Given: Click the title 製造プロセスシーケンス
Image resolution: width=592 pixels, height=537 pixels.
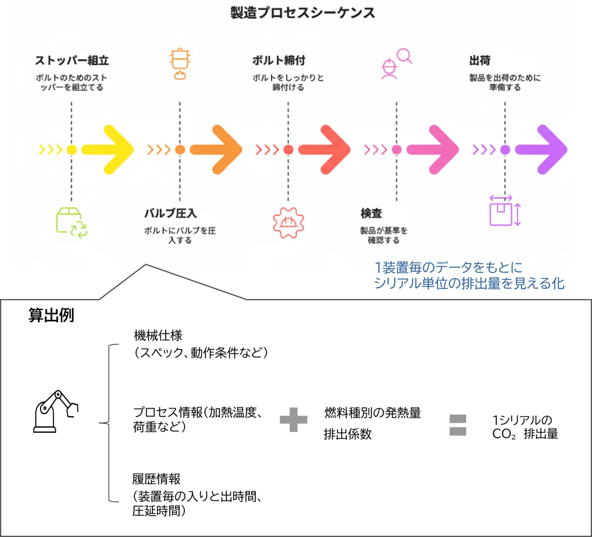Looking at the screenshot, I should click(303, 13).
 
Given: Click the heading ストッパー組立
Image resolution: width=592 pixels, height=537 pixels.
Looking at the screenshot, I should click(72, 61).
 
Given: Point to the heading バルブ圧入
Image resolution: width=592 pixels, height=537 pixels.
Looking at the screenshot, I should click(170, 214).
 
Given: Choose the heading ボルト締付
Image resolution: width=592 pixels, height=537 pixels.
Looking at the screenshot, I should click(278, 61).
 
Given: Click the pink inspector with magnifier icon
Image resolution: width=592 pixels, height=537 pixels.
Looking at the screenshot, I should click(396, 63).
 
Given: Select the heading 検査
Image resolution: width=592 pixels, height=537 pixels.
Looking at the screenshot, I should click(371, 214).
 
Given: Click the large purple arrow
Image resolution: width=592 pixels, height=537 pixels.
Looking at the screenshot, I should click(542, 150).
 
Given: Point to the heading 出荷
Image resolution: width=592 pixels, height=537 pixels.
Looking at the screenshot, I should click(480, 61).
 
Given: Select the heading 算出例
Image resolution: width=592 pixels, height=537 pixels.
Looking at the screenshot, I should click(51, 316).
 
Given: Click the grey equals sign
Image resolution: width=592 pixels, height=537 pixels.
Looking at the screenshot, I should click(457, 425).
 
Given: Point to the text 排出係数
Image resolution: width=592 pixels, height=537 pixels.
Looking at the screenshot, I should click(348, 434).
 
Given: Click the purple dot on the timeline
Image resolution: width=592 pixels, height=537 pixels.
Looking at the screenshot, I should click(505, 150).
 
